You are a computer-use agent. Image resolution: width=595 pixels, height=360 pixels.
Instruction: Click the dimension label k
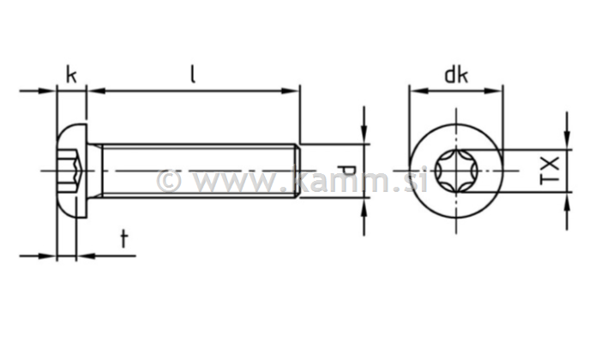click(x=71, y=75)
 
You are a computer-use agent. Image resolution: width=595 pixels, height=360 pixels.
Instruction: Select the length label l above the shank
click(x=193, y=75)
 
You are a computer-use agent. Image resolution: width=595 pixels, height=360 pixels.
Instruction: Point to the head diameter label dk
click(x=455, y=75)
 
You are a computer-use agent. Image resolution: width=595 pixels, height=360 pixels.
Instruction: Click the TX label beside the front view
click(x=550, y=171)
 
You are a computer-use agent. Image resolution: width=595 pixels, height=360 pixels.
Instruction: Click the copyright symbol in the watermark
click(x=169, y=181)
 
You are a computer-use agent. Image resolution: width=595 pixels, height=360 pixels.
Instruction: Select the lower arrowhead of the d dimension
click(x=364, y=207)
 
